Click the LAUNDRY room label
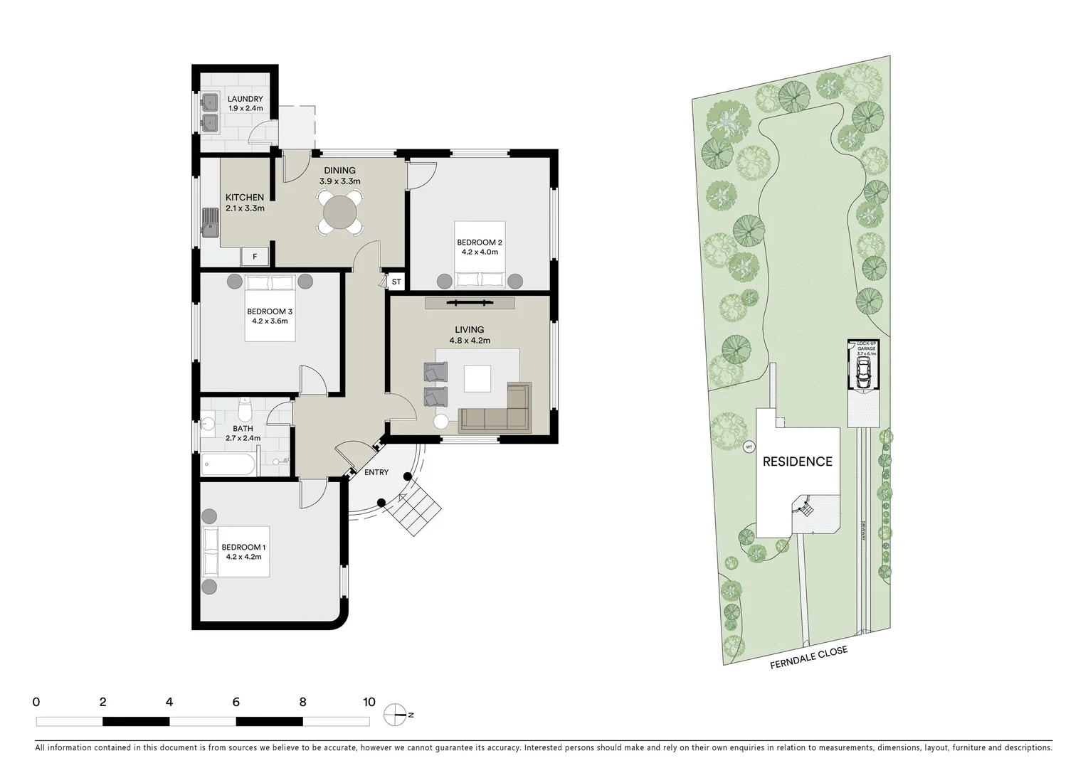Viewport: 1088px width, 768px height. [x=245, y=99]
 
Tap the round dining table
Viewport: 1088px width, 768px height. [x=340, y=212]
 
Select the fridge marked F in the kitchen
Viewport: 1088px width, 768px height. [x=254, y=256]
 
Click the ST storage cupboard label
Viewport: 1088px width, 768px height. [x=396, y=282]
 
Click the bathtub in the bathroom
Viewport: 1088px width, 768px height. [x=228, y=465]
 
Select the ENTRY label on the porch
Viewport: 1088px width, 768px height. [x=376, y=472]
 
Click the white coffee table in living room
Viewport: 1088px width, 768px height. [x=477, y=378]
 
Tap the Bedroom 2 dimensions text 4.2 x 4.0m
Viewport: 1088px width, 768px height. [x=479, y=252]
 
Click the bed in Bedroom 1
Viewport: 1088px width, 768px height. [x=236, y=552]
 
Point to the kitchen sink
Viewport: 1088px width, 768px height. [x=210, y=221]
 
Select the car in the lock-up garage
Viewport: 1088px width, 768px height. [x=862, y=373]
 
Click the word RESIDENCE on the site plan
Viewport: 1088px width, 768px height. [x=797, y=462]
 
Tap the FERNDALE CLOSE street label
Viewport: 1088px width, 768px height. [x=808, y=658]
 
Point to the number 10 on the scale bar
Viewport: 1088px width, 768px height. [x=369, y=702]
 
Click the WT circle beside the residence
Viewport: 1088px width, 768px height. [x=748, y=447]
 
